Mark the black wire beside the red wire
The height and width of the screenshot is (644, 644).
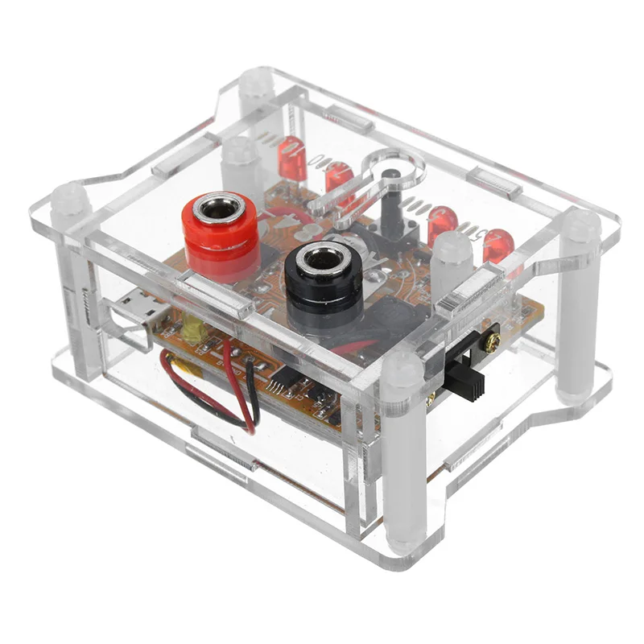tap(256, 394)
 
